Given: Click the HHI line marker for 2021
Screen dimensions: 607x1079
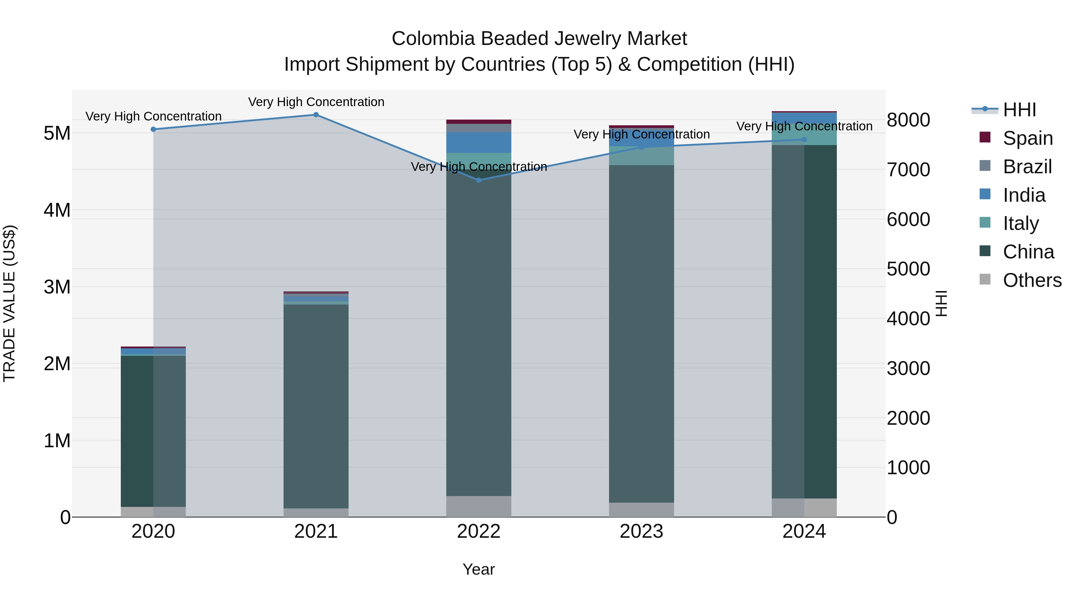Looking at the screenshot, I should [316, 115].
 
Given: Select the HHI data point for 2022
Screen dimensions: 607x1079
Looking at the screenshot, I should [479, 180].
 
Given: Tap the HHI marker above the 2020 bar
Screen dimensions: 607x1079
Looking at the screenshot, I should [153, 129].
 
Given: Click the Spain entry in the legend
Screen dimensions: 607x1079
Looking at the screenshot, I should [1027, 138].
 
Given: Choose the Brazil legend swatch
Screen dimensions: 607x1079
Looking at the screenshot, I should [985, 166].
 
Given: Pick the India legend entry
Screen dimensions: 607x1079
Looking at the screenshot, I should [1024, 195].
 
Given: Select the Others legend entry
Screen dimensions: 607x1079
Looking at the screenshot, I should [1032, 280].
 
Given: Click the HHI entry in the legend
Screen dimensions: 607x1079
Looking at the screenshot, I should [1019, 110].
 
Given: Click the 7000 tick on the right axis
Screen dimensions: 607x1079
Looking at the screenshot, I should [908, 170].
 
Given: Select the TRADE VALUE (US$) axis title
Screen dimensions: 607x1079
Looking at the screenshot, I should [9, 304].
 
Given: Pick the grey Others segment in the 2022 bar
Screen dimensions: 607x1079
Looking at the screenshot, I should [479, 507].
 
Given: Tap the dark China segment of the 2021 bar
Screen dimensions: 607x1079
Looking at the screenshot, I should [316, 406].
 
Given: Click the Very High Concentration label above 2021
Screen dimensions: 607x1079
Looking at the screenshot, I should [316, 102].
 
